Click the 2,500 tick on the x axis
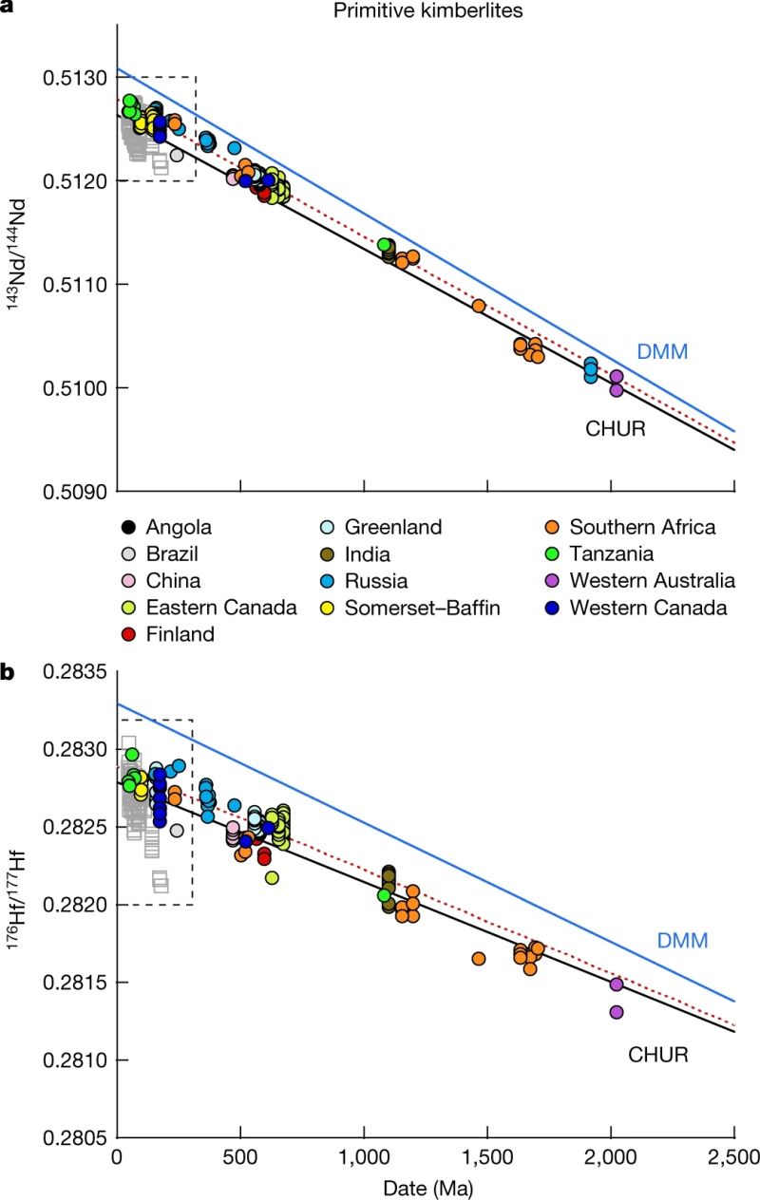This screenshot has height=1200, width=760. [x=733, y=1158]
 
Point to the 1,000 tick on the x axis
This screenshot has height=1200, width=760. [x=364, y=1158]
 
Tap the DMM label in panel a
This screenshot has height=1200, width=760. [x=662, y=351]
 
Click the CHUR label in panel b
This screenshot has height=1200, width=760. [x=658, y=1054]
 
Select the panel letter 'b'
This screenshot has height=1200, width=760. [x=8, y=673]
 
